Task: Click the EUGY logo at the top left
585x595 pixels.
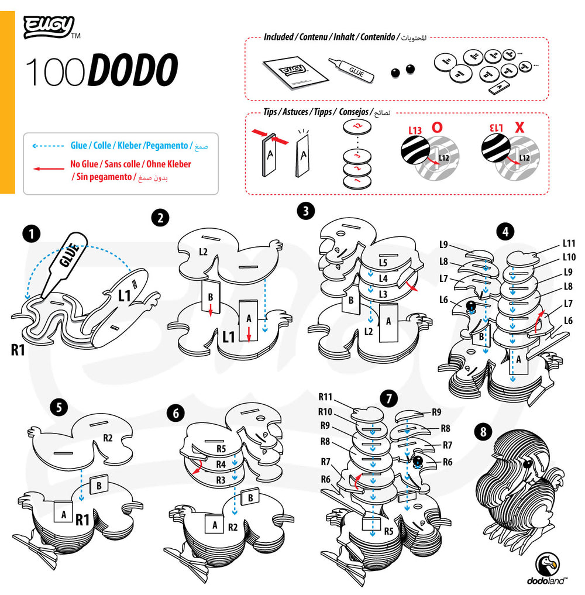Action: coord(49,26)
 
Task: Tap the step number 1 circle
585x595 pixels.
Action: coord(32,235)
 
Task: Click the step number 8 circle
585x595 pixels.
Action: coord(483,432)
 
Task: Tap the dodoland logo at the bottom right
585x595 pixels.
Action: coord(548,570)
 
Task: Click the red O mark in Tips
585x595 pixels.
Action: coord(436,126)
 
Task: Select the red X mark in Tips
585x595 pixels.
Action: coord(519,126)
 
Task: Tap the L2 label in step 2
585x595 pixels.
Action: coord(203,252)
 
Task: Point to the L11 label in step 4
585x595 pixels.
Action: coord(569,243)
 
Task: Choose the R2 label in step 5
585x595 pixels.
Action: coord(108,437)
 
